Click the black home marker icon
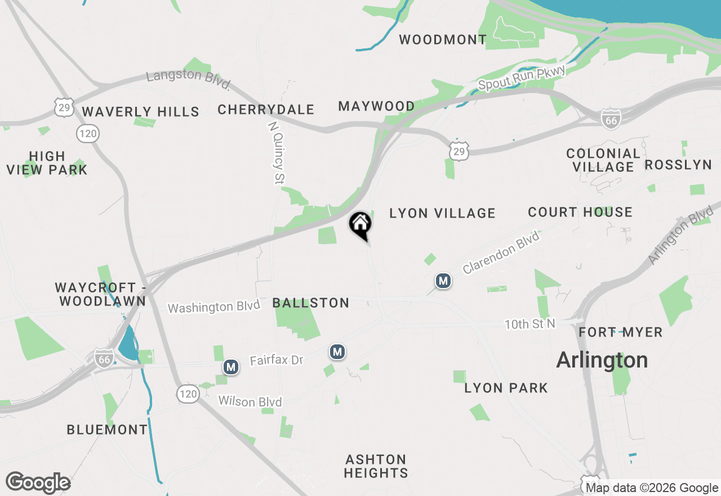[x=360, y=225]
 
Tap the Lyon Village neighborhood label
[x=442, y=213]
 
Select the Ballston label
[x=311, y=303]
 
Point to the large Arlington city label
[x=602, y=360]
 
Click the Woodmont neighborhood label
[x=443, y=39]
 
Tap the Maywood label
[x=376, y=106]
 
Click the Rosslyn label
[x=678, y=165]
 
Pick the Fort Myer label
[x=621, y=333]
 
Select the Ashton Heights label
[x=376, y=466]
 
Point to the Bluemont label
[x=107, y=429]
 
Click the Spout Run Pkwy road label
[x=522, y=78]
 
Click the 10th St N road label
[x=529, y=324]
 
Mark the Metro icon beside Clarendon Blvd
[x=443, y=281]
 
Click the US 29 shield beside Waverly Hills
[x=64, y=107]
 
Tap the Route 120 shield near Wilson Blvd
[x=188, y=393]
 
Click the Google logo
[x=38, y=482]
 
